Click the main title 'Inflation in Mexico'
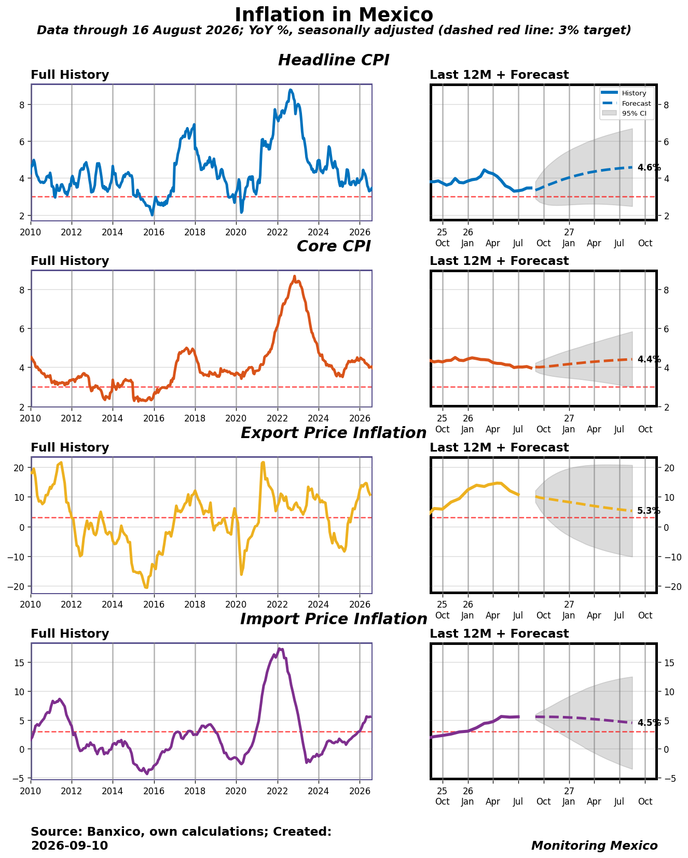(x=334, y=15)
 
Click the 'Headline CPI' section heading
(x=334, y=60)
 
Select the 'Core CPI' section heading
(x=334, y=246)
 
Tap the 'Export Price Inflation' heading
(x=334, y=433)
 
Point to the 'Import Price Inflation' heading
(x=334, y=619)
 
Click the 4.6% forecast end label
(x=649, y=167)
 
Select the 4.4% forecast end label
(x=649, y=359)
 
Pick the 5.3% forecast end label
(x=649, y=511)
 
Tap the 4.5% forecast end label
(x=649, y=723)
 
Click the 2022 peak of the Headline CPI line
(x=291, y=90)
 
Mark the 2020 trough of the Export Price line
(x=241, y=574)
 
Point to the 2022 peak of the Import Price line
(x=279, y=649)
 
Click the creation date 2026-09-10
(x=70, y=846)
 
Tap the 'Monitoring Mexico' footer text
(x=595, y=846)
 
